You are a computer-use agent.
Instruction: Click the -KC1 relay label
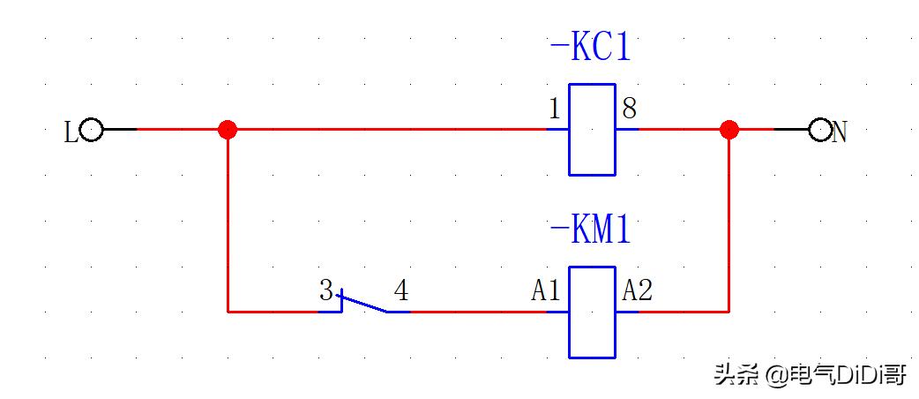pyautogui.click(x=590, y=49)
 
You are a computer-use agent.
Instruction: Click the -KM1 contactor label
pyautogui.click(x=590, y=231)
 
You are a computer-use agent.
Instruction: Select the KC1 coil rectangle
pyautogui.click(x=591, y=130)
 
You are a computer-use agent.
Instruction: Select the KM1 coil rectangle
pyautogui.click(x=591, y=312)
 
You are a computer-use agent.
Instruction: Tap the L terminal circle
pyautogui.click(x=91, y=131)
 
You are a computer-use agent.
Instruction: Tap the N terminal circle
pyautogui.click(x=820, y=131)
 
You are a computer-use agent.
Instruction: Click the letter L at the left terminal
pyautogui.click(x=71, y=133)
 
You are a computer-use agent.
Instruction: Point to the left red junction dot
pyautogui.click(x=228, y=130)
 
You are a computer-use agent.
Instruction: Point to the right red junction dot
pyautogui.click(x=728, y=130)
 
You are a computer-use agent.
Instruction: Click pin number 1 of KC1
pyautogui.click(x=554, y=109)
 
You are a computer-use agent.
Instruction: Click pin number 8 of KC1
pyautogui.click(x=629, y=109)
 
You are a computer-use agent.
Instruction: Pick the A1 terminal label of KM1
pyautogui.click(x=546, y=290)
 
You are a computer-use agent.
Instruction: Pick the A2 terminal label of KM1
pyautogui.click(x=638, y=290)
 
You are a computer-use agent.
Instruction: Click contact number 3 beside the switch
pyautogui.click(x=326, y=291)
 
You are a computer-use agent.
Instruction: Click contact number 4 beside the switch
pyautogui.click(x=401, y=291)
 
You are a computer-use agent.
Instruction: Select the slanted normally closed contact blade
pyautogui.click(x=363, y=303)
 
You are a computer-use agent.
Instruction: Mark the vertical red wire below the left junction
pyautogui.click(x=228, y=221)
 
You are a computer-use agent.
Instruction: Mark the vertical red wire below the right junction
pyautogui.click(x=728, y=221)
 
